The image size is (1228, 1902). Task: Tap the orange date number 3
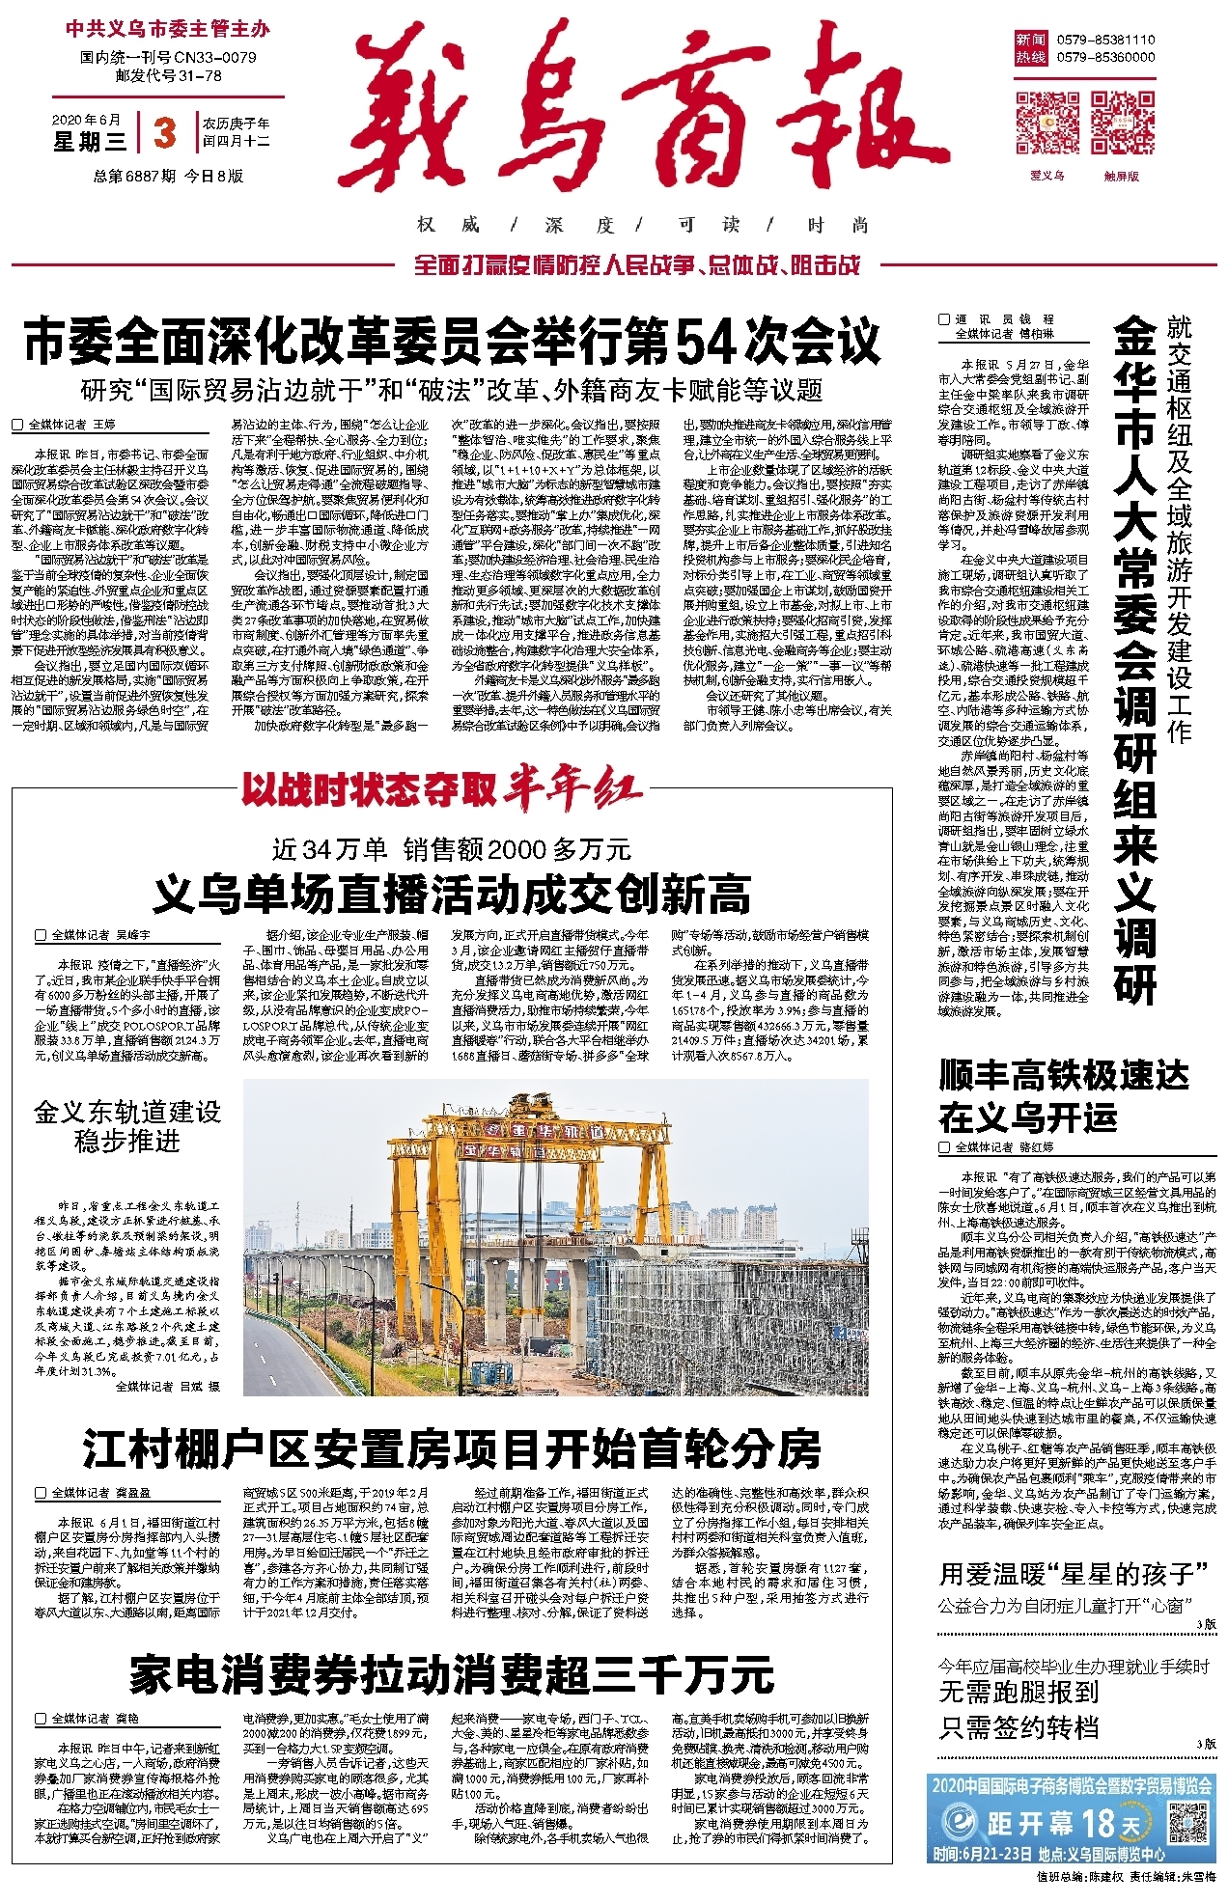tap(165, 133)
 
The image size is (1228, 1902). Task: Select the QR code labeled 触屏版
tap(1122, 122)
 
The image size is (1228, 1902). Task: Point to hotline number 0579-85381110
tap(1105, 40)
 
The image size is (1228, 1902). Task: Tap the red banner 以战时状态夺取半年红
tap(442, 789)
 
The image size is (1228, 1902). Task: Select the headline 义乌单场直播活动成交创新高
tap(452, 894)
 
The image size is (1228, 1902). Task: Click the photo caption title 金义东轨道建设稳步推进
tap(127, 1126)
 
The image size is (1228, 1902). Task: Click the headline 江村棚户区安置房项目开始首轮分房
tap(452, 1448)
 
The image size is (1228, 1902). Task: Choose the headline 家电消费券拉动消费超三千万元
tap(452, 1674)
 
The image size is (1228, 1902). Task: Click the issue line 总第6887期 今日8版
tap(168, 176)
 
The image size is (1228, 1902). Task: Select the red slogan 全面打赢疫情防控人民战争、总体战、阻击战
tap(637, 264)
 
